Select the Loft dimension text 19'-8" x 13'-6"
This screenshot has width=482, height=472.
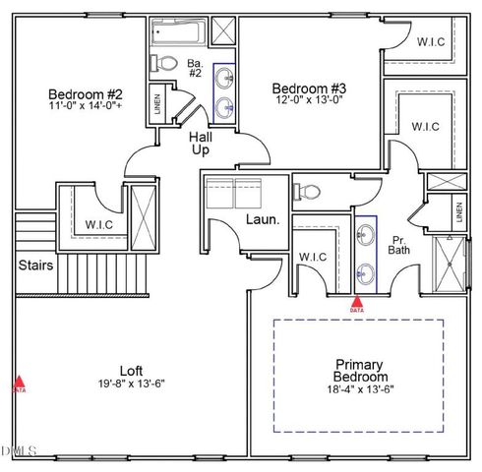[133, 383]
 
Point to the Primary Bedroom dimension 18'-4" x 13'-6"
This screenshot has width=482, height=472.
[360, 390]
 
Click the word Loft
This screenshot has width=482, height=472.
[133, 370]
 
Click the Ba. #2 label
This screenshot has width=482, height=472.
[195, 69]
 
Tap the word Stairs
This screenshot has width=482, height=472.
[35, 265]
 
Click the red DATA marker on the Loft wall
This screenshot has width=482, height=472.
[19, 383]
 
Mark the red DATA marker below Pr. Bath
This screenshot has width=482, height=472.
[357, 305]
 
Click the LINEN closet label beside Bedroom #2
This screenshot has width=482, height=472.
[157, 103]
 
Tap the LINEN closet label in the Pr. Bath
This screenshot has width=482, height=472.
[458, 210]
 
